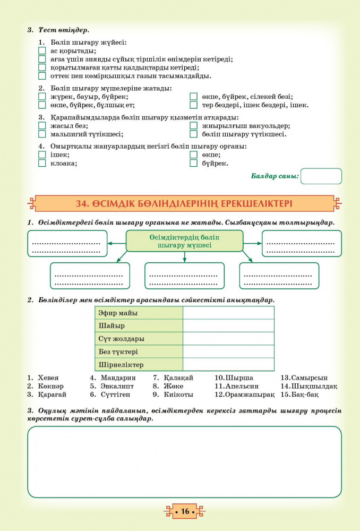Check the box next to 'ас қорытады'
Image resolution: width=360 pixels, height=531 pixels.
(42, 51)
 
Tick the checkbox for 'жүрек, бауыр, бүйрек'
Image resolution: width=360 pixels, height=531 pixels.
(42, 97)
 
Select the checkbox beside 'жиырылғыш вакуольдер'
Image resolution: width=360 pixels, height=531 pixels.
(193, 126)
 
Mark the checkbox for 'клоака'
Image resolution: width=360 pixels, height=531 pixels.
(42, 163)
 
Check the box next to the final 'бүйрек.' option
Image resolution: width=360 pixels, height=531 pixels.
(193, 163)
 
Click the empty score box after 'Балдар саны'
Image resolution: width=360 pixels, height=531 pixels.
(321, 176)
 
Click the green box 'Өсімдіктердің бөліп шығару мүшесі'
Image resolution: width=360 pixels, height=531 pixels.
(184, 241)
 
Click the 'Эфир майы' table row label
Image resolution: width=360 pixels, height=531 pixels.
(118, 313)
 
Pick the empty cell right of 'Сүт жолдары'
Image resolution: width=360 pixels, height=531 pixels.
(228, 339)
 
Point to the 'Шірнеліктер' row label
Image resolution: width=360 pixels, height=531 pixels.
(121, 365)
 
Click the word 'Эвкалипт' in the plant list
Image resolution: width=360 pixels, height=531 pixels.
(117, 386)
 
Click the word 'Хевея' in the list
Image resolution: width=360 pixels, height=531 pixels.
(48, 378)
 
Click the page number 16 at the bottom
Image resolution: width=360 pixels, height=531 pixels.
(185, 511)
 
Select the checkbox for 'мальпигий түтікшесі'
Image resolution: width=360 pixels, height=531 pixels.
(42, 134)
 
